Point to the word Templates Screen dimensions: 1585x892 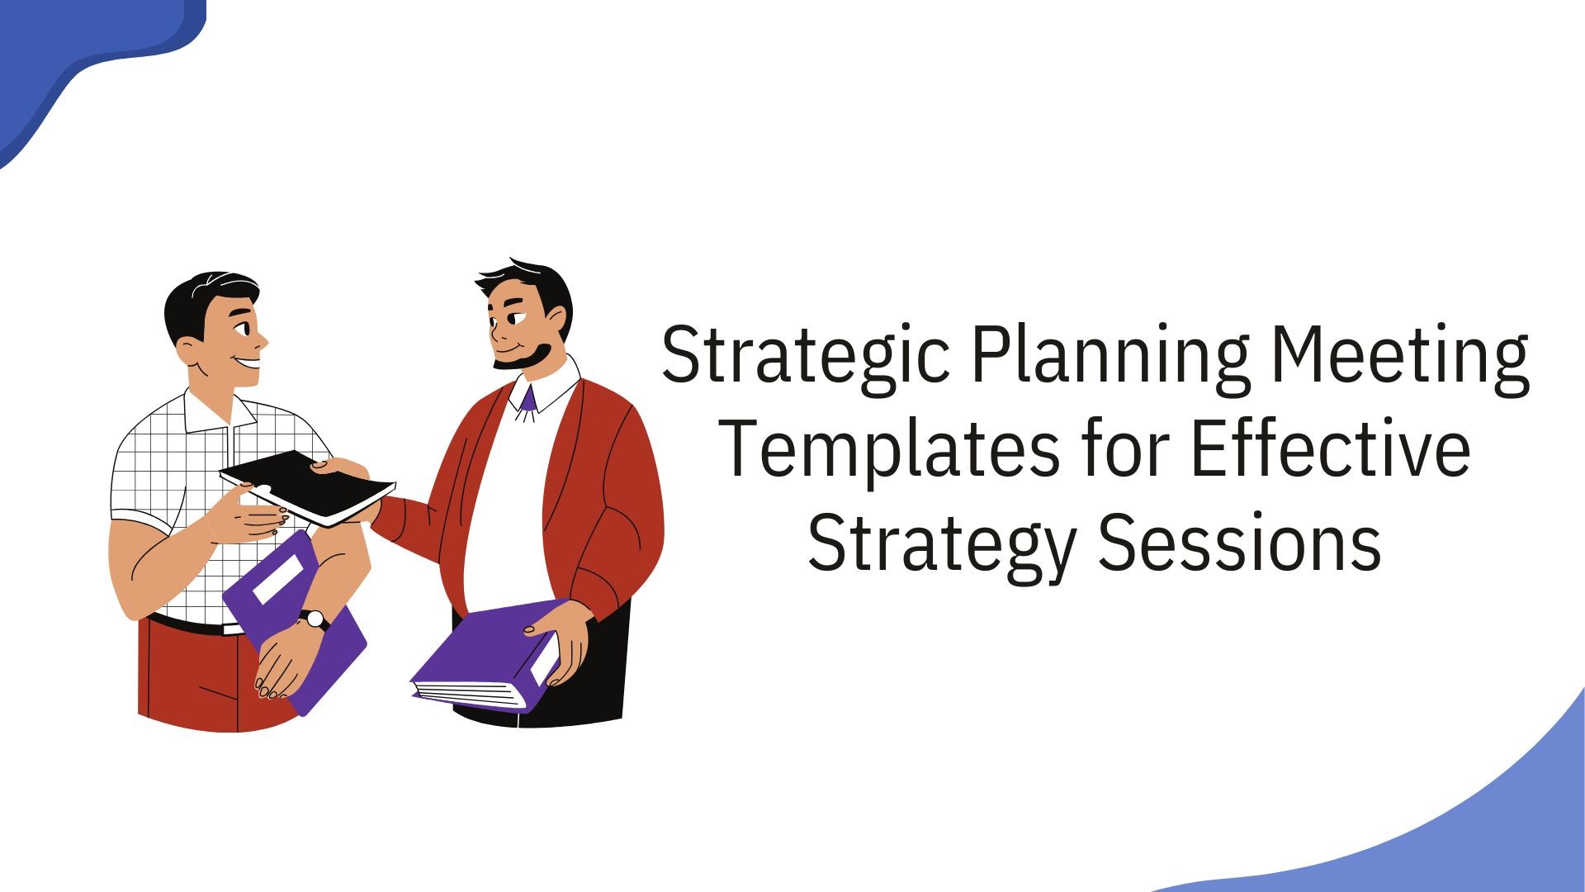click(890, 450)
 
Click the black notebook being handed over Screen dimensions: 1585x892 click(307, 487)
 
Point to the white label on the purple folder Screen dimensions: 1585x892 click(278, 578)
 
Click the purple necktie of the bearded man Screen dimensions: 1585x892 click(528, 400)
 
